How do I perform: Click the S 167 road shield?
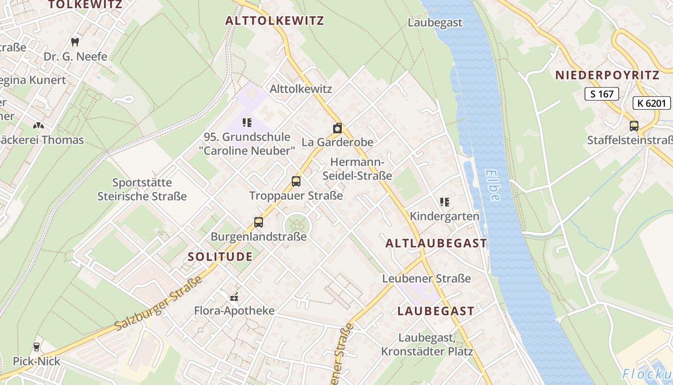click(x=601, y=94)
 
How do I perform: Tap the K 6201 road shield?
click(x=651, y=103)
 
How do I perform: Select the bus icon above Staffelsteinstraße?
click(x=634, y=126)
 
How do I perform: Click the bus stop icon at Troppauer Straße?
click(x=296, y=181)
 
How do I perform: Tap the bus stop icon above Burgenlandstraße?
click(x=259, y=222)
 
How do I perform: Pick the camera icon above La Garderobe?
click(x=337, y=128)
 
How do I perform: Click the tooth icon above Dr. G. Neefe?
click(x=75, y=42)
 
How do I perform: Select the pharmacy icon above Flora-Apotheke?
click(x=235, y=296)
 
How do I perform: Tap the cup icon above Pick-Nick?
click(x=36, y=346)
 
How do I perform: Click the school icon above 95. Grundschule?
click(x=247, y=123)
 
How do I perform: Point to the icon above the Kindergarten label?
click(x=445, y=202)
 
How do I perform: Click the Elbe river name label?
click(x=493, y=185)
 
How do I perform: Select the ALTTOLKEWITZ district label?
click(x=274, y=21)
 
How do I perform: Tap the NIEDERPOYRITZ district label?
click(x=607, y=75)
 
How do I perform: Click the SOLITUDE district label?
click(x=220, y=257)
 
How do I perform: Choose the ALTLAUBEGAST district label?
click(x=436, y=243)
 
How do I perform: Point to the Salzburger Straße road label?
click(x=159, y=304)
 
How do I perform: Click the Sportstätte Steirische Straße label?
click(x=142, y=189)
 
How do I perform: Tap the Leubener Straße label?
click(x=426, y=279)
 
